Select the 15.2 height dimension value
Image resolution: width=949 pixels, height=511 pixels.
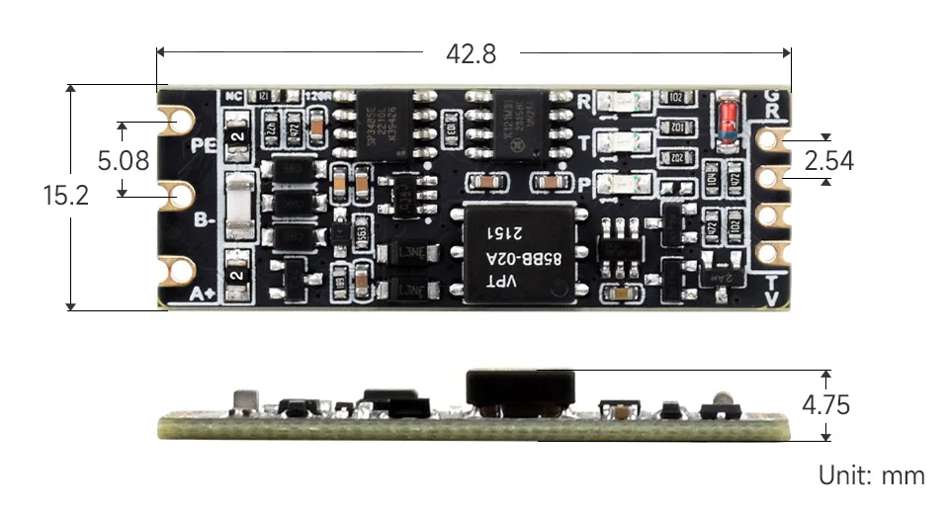(x=65, y=196)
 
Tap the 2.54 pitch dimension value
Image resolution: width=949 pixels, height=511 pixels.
(x=829, y=160)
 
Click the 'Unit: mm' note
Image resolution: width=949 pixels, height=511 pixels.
(x=871, y=475)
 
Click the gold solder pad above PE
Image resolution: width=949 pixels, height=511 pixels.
(x=181, y=120)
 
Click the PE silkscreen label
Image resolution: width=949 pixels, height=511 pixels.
(x=203, y=146)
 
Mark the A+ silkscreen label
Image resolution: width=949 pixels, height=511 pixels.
(x=203, y=294)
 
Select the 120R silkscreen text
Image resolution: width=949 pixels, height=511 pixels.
(x=318, y=96)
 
